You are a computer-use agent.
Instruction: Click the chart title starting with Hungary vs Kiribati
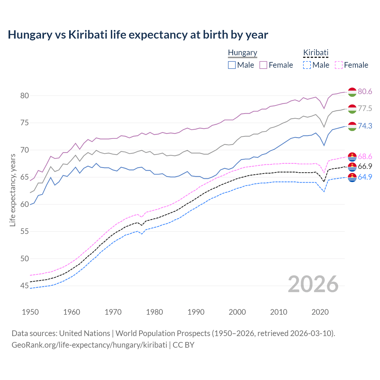(x=138, y=35)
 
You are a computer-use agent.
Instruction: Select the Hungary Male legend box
(x=232, y=65)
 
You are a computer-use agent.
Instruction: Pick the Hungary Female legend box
(x=263, y=65)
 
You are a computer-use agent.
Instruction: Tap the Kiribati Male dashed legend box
(x=307, y=65)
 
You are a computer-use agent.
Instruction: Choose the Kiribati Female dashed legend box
(x=339, y=65)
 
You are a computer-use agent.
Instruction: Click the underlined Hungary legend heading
(x=243, y=53)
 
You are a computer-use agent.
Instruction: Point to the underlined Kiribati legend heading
(x=316, y=53)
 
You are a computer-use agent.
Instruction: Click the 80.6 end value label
(x=365, y=91)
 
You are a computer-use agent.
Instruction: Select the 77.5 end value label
(x=365, y=109)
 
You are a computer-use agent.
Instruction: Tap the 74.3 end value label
(x=365, y=126)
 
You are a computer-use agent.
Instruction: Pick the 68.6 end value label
(x=365, y=156)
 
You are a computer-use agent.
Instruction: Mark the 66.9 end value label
(x=365, y=166)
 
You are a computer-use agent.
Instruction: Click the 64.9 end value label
(x=365, y=177)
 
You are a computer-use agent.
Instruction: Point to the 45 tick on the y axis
(x=24, y=286)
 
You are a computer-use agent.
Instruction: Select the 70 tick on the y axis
(x=24, y=150)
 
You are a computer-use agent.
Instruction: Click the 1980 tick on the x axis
(x=154, y=312)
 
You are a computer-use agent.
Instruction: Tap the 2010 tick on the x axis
(x=278, y=312)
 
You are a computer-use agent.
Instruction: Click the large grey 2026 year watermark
(x=313, y=284)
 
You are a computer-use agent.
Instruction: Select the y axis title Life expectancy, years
(x=12, y=190)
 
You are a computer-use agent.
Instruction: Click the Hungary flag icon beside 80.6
(x=352, y=92)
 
